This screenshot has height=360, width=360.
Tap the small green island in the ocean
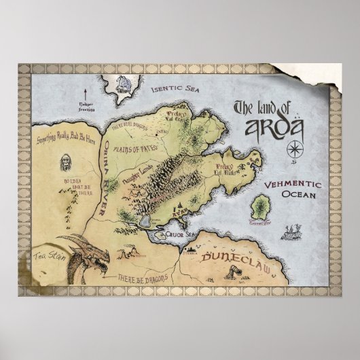[260, 204]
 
